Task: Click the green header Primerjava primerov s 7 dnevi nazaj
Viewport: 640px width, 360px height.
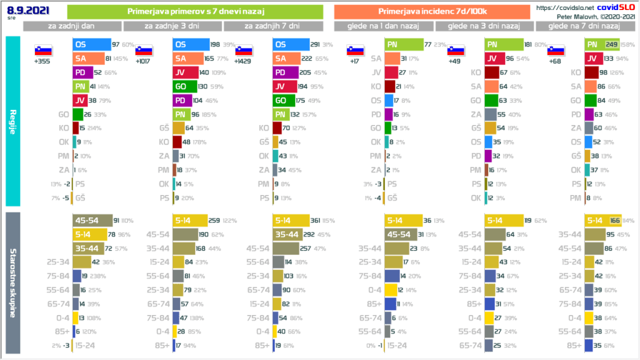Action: coord(194,11)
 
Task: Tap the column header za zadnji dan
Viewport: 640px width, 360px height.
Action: coord(72,26)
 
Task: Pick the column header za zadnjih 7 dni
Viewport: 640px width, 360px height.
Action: coord(272,26)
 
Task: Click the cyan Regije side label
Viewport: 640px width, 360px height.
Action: coord(12,119)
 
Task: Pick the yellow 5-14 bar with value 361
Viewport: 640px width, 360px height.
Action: coord(292,220)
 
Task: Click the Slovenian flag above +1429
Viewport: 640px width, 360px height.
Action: coord(244,51)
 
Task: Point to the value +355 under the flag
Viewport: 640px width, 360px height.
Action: coord(43,62)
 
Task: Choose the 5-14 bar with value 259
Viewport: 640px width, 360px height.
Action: coord(191,220)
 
